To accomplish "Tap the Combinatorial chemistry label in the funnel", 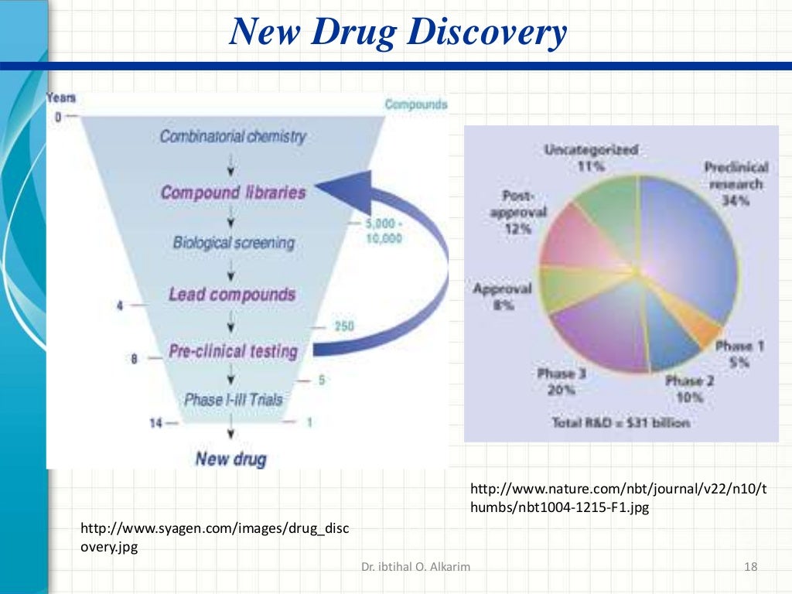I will (233, 137).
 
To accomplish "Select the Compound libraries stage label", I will (233, 193).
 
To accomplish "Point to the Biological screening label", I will (234, 243).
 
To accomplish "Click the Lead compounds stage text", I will (232, 295).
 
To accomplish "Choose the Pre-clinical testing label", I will (233, 351).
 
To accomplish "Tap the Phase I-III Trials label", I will (234, 400).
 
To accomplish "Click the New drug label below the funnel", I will (230, 459).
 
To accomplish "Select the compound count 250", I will (343, 326).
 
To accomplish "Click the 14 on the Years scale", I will (155, 422).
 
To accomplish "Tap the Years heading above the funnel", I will (61, 98).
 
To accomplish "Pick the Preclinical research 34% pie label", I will (736, 184).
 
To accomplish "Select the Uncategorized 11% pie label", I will (591, 157).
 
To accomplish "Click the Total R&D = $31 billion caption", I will (621, 423).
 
